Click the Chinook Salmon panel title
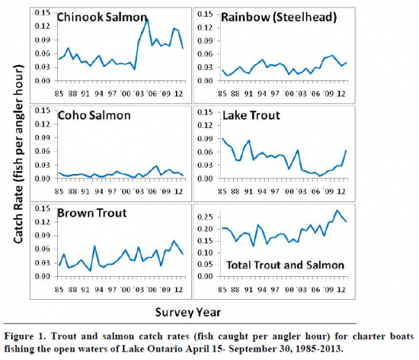(102, 17)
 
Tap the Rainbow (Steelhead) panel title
(279, 17)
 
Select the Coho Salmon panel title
(94, 115)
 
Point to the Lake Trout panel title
(251, 115)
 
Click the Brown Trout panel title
(92, 213)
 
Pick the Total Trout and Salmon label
(286, 265)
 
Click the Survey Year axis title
(188, 312)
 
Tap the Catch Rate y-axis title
(19, 154)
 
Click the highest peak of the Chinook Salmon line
(147, 20)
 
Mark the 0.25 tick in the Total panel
(205, 217)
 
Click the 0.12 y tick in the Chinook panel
(43, 26)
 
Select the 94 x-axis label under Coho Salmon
(98, 192)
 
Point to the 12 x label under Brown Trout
(179, 289)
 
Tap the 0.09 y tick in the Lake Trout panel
(205, 139)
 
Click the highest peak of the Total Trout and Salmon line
(337, 210)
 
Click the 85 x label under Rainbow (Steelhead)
(222, 94)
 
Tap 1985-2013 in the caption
(319, 349)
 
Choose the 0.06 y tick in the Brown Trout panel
(43, 250)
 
